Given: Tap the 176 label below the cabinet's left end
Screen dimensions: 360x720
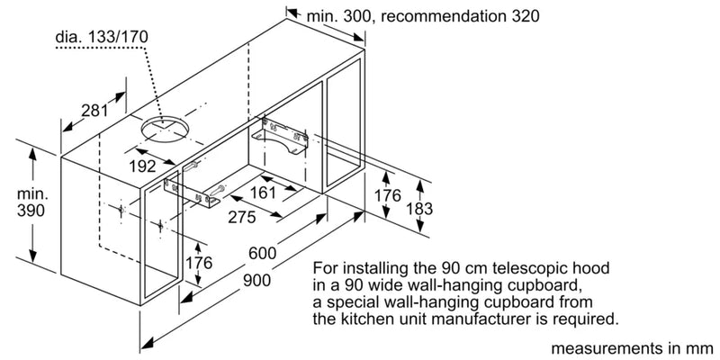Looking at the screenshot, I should pyautogui.click(x=198, y=263).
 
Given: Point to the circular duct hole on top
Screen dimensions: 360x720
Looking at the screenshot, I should pyautogui.click(x=165, y=130).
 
